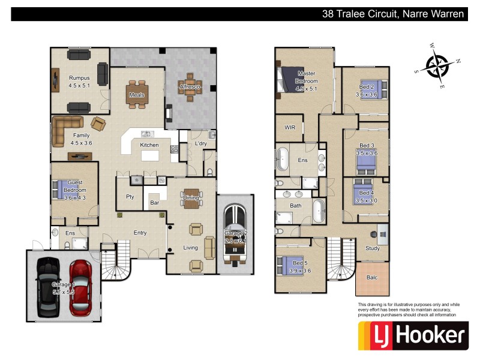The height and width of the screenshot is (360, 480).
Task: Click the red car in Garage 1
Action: pos(80,287)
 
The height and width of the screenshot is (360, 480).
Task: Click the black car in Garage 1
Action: pos(48,287)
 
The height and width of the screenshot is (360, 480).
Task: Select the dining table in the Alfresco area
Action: pos(190,88)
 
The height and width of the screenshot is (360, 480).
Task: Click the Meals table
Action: pos(137,94)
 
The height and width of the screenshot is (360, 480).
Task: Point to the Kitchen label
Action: pos(149,145)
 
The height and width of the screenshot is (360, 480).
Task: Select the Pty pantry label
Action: pos(130,197)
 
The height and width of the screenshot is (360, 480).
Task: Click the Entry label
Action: pos(140,233)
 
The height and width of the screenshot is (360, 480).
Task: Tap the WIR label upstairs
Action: pos(290,128)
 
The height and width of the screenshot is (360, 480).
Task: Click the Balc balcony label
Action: pos(371,278)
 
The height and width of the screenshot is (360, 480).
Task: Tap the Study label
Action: pos(372,248)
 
